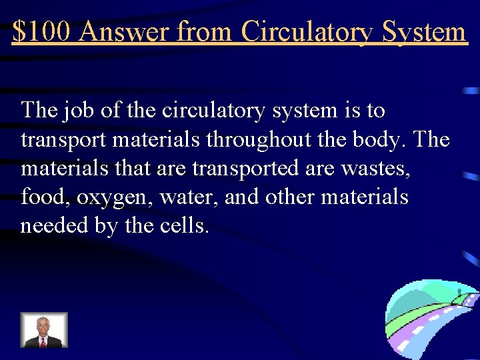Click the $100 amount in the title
(x=40, y=31)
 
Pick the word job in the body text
(x=80, y=110)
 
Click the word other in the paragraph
(x=289, y=198)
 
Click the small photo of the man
(x=43, y=330)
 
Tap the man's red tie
(x=43, y=341)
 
